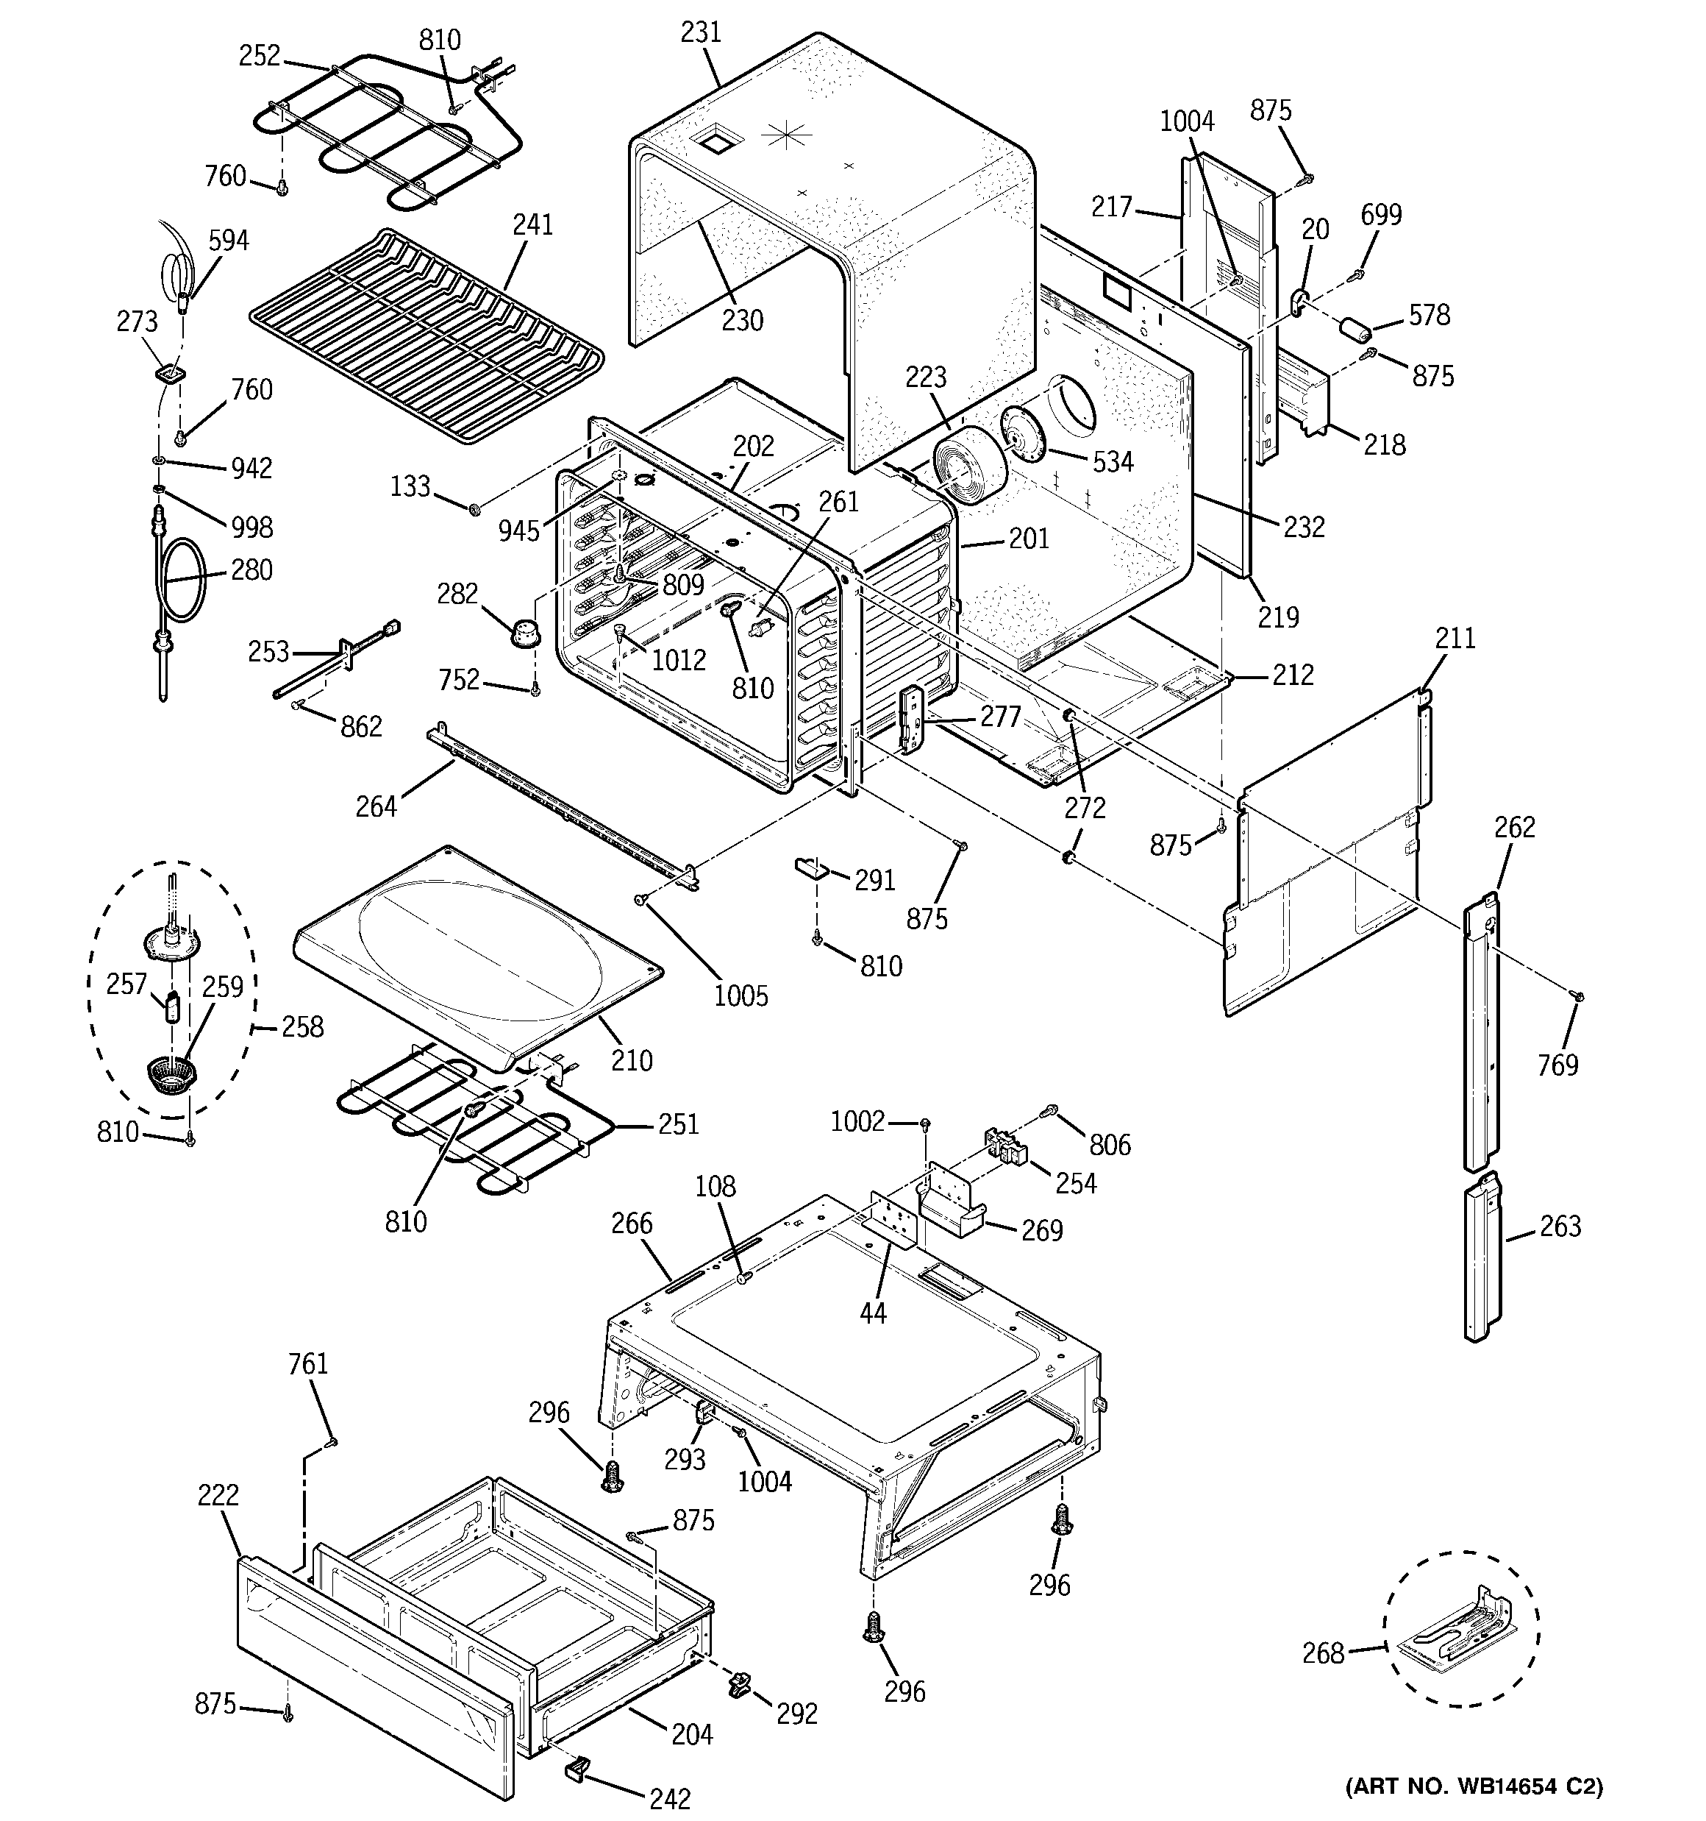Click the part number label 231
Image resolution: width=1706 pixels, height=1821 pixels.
pos(701,33)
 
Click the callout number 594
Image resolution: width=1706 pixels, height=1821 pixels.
pos(228,241)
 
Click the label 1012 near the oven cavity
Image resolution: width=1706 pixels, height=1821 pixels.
pos(679,659)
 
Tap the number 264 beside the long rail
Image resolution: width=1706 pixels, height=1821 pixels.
pos(376,807)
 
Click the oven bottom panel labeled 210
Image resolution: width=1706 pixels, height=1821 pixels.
pos(477,953)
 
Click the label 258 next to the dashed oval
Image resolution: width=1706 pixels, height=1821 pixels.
pos(302,1027)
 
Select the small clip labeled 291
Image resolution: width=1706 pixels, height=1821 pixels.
pos(810,867)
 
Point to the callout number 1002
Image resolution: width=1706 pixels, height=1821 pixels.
pos(857,1121)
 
